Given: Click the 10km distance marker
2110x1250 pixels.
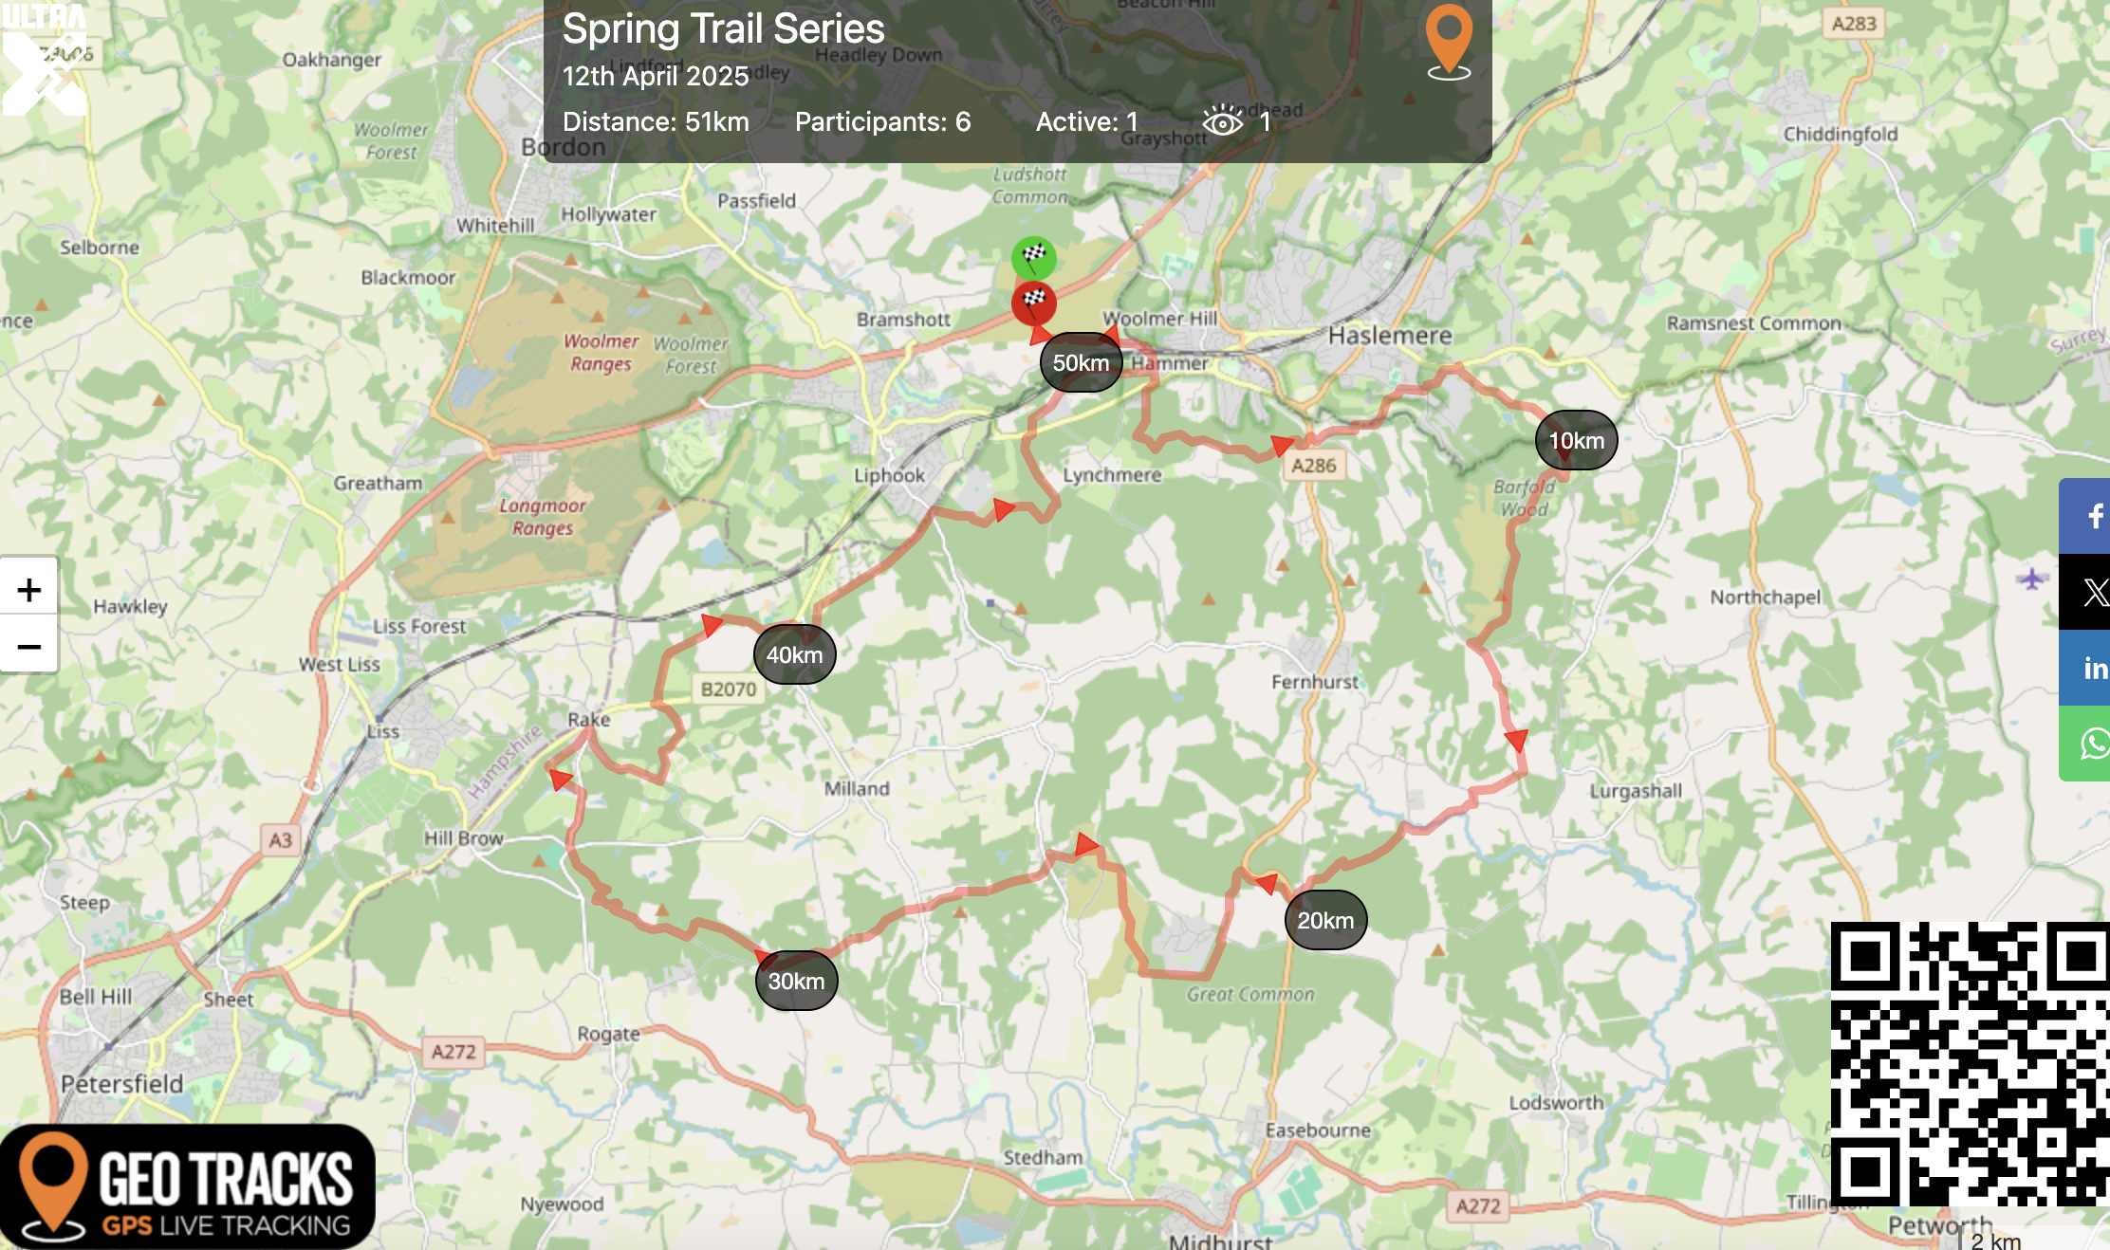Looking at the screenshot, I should click(x=1576, y=440).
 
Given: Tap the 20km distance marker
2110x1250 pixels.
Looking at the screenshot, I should click(x=1325, y=920).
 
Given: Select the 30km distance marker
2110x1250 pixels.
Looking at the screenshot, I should click(x=796, y=981).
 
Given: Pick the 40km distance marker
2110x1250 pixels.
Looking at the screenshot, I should click(x=794, y=654).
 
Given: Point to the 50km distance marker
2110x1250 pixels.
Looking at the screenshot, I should click(x=1081, y=362).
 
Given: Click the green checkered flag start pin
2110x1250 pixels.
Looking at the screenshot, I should click(x=1033, y=257).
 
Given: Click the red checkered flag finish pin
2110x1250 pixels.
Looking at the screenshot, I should click(x=1033, y=303).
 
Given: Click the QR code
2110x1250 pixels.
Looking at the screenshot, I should click(x=1970, y=1062).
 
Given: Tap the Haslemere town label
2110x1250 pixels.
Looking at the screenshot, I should click(x=1390, y=335).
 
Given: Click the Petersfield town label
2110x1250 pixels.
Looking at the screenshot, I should click(x=122, y=1083).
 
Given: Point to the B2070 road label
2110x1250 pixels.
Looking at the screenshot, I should click(x=729, y=689).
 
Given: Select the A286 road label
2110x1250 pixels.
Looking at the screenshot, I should click(x=1314, y=466).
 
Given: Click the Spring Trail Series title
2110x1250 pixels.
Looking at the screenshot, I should click(x=723, y=28).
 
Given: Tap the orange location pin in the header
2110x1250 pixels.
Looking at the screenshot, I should click(x=1449, y=41).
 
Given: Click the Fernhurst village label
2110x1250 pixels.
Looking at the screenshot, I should click(x=1315, y=681).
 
